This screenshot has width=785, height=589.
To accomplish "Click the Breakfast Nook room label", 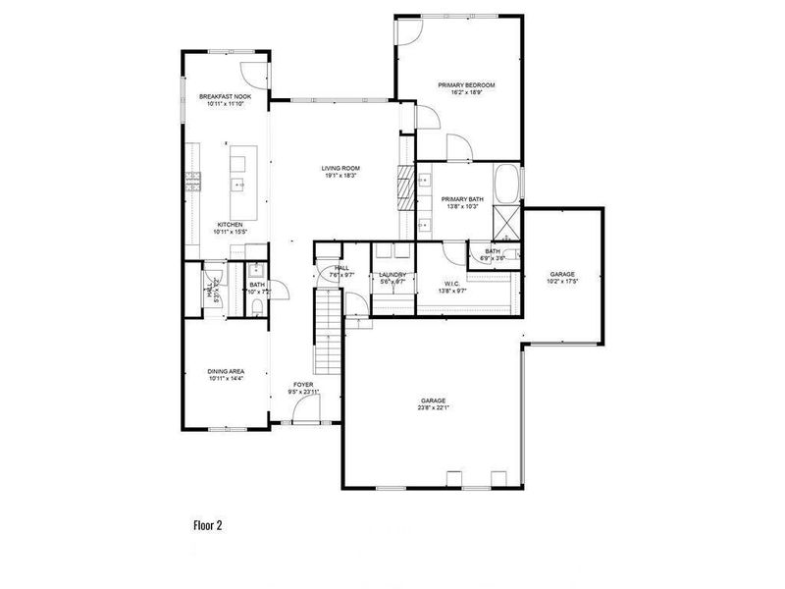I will pyautogui.click(x=225, y=97).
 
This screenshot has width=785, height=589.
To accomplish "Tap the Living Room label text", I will pyautogui.click(x=340, y=169).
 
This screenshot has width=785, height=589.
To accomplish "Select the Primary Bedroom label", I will pyautogui.click(x=466, y=85).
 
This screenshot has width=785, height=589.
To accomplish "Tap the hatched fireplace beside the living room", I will pyautogui.click(x=404, y=184).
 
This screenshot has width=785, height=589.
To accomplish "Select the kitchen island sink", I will pyautogui.click(x=237, y=184).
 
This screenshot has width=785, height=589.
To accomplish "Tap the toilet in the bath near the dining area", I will pyautogui.click(x=255, y=308).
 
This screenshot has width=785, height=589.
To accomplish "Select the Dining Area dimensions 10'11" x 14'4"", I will pyautogui.click(x=225, y=378).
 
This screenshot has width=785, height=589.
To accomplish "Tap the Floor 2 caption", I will pyautogui.click(x=207, y=525).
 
